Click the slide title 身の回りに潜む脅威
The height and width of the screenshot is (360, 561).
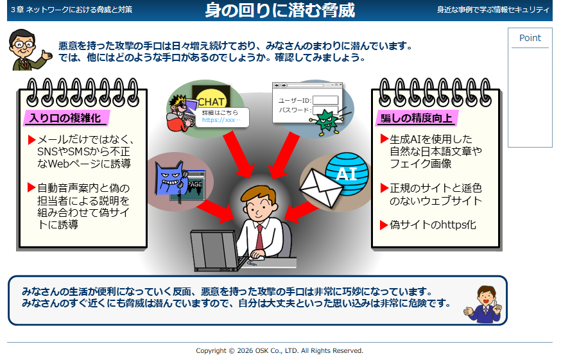click(280, 10)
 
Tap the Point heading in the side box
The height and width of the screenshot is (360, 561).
click(530, 38)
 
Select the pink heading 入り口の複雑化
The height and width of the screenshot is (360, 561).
click(65, 118)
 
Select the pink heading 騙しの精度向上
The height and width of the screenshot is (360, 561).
click(416, 118)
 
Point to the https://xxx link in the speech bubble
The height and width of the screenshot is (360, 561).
click(221, 120)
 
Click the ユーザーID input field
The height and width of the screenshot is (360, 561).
click(325, 100)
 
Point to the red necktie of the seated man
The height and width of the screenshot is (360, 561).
click(259, 237)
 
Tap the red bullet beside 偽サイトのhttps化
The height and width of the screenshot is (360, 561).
click(384, 225)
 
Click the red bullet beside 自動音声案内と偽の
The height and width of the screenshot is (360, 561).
click(31, 187)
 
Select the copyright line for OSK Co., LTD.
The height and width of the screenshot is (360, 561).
click(279, 351)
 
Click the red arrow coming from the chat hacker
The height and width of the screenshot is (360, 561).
click(238, 155)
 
